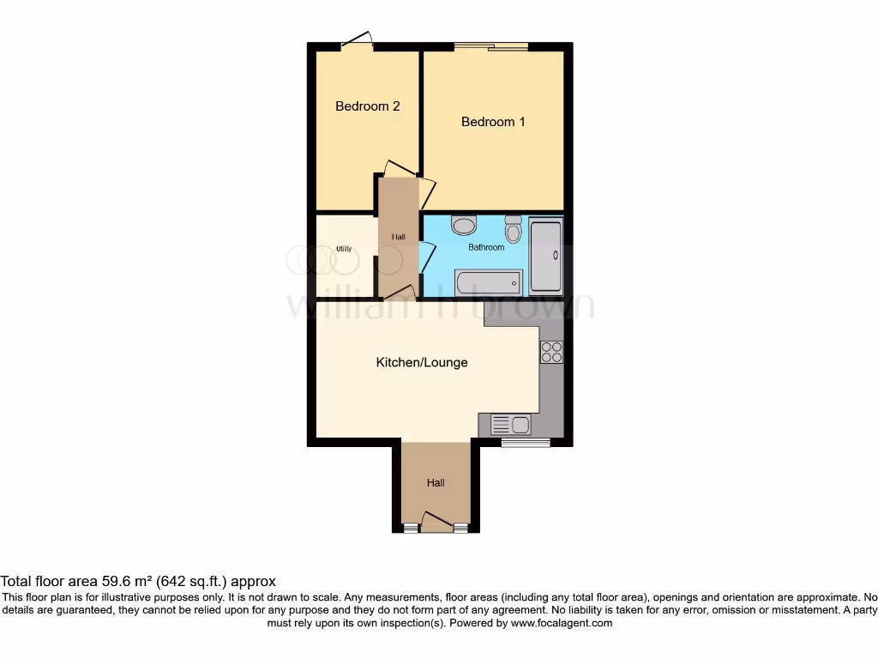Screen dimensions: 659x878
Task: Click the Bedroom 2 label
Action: pos(367,106)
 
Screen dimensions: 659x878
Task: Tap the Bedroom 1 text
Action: pos(493,122)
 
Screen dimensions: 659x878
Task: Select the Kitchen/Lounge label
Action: pos(422,362)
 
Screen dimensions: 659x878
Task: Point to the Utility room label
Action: pos(344,249)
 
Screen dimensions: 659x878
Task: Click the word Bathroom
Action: pos(485,247)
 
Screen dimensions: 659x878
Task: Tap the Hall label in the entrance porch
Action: pos(436,483)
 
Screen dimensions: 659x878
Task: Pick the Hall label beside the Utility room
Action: pos(399,237)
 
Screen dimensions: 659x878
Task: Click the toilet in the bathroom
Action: pos(514,229)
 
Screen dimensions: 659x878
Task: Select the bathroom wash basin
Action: pos(464,226)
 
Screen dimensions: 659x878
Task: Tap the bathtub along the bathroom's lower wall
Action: pos(488,282)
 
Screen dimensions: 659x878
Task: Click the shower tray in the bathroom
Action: pos(546,256)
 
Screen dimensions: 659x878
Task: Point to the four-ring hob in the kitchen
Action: pos(551,352)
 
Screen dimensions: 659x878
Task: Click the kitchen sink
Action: pos(510,423)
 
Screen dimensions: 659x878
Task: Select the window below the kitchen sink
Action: pos(525,443)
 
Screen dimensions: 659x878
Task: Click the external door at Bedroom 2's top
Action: pos(357,41)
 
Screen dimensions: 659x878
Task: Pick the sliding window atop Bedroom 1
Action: pos(490,45)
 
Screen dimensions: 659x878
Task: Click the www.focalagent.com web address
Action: pos(561,623)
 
